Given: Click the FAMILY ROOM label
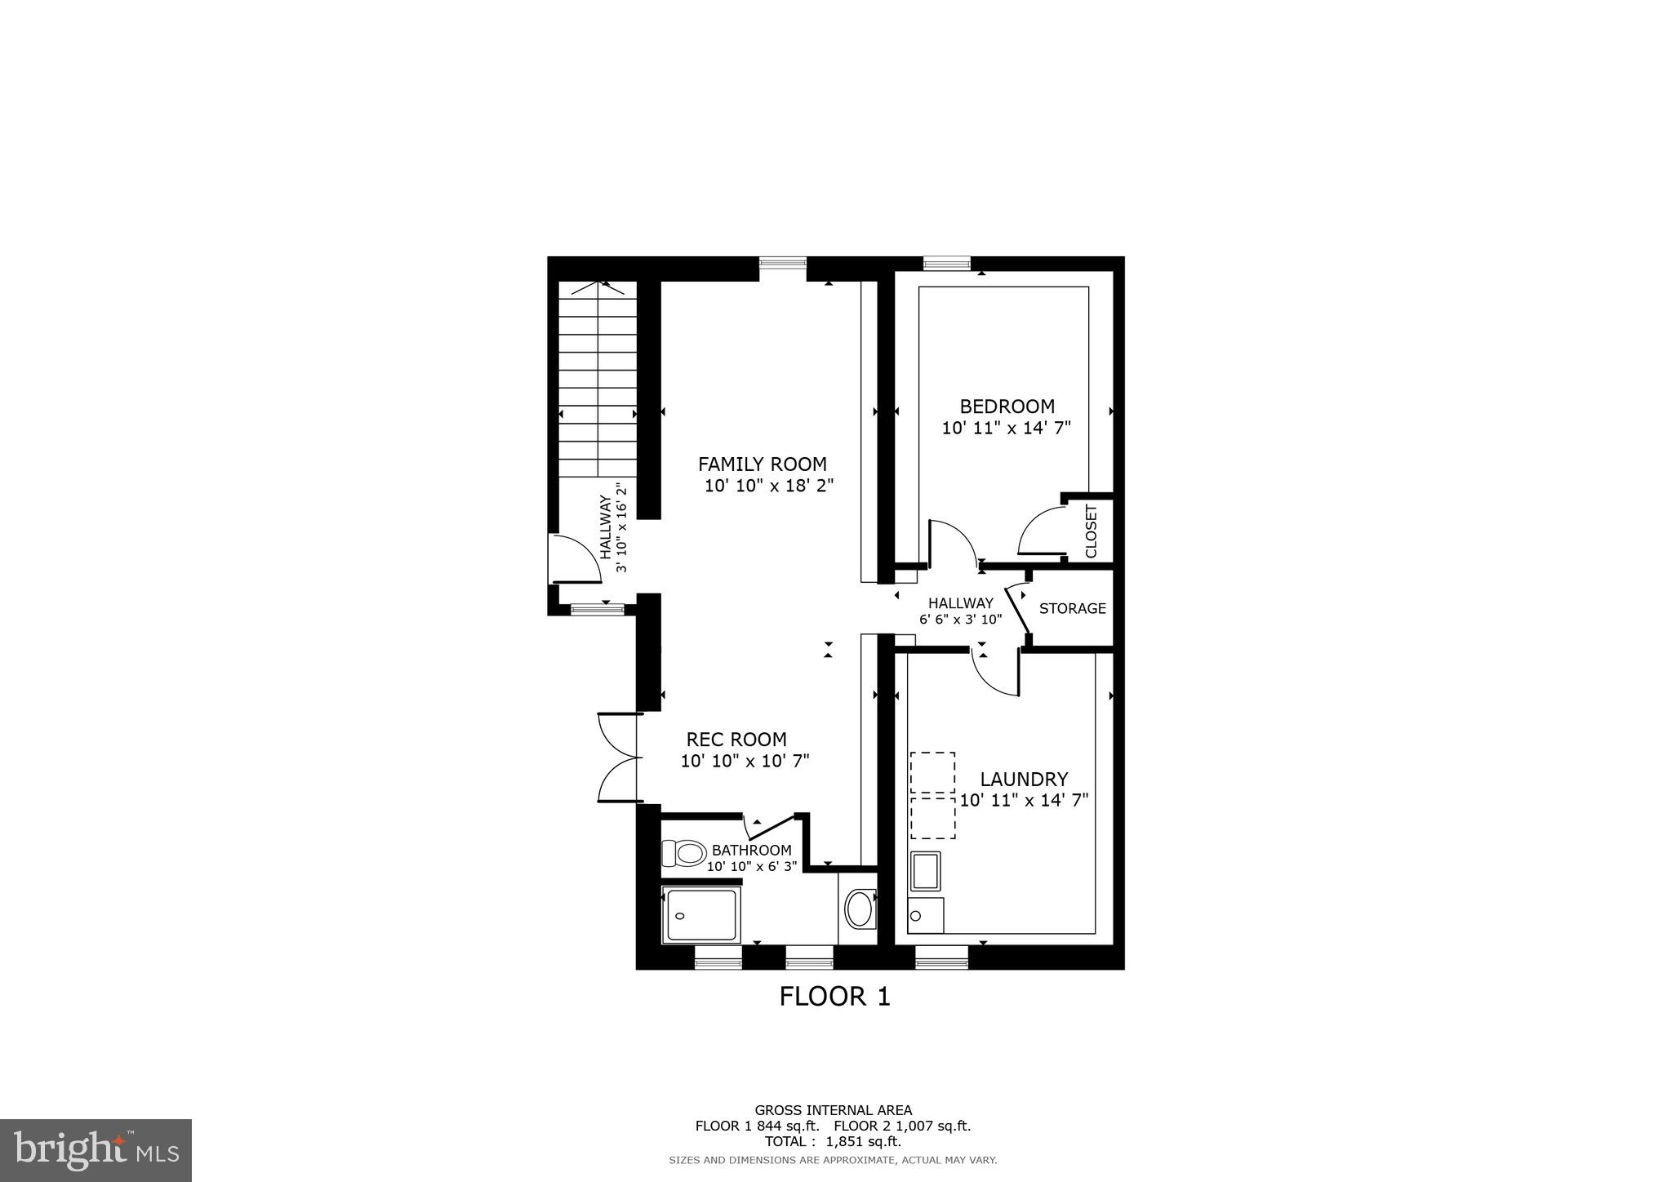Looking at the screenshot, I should [762, 464].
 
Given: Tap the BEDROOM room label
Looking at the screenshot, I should [1007, 407].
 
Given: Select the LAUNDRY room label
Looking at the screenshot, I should [1024, 780].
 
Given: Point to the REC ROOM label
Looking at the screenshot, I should [736, 740].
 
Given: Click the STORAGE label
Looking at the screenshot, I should [1072, 608].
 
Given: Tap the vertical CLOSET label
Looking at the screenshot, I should [1092, 531].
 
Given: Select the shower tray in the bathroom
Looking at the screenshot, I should [701, 914].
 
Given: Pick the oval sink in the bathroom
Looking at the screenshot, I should [859, 909].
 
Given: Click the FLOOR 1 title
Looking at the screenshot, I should [834, 997].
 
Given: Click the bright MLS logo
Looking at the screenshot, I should [96, 1151].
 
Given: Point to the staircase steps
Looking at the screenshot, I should [598, 380].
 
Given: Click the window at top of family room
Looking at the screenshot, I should [782, 263].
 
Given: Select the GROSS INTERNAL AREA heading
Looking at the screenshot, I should [833, 1110].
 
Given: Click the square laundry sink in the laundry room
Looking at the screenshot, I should [926, 871].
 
